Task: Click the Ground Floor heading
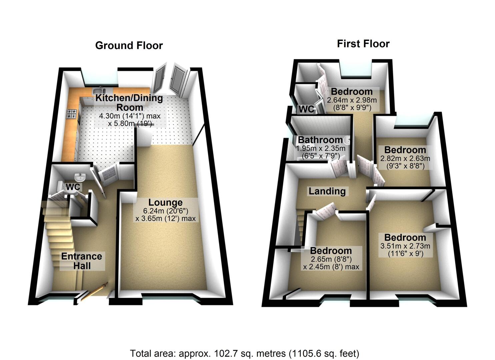[129, 46]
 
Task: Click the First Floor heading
[363, 44]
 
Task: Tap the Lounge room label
[165, 202]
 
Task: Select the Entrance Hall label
[82, 261]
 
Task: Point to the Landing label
[327, 191]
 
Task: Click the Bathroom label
[320, 140]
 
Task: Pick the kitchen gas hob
[72, 114]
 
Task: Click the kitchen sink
[99, 90]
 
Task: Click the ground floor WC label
[73, 187]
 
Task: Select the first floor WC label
[306, 109]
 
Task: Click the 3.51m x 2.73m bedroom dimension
[405, 246]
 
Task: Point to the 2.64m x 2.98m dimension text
[352, 100]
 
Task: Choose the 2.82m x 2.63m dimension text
[405, 158]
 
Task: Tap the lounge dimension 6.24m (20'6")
[161, 211]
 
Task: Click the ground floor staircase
[60, 233]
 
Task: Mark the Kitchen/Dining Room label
[129, 103]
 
